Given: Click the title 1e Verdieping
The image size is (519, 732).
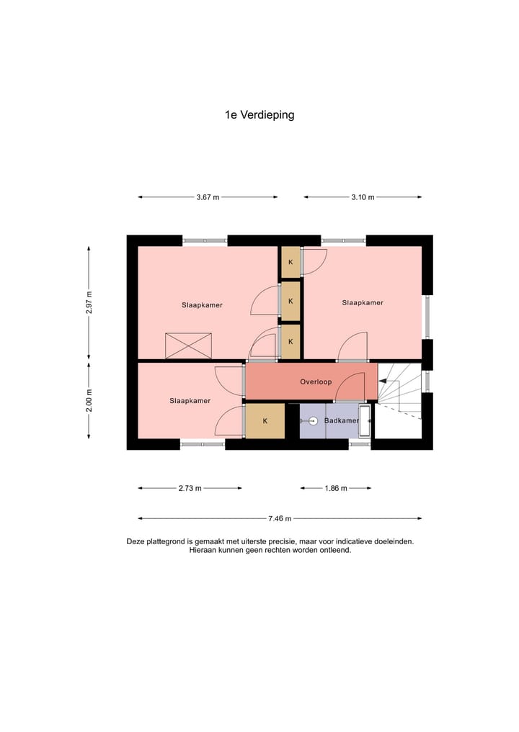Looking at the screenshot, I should (x=259, y=114).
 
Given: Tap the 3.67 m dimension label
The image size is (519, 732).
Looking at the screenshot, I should (x=208, y=197).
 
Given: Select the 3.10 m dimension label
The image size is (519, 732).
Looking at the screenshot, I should (x=363, y=197).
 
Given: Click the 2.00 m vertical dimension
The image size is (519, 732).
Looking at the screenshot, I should (x=89, y=400).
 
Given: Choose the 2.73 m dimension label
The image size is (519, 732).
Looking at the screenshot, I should (x=190, y=488).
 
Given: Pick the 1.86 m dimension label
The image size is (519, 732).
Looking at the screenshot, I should (x=335, y=488).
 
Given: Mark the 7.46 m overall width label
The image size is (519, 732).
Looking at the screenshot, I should (x=280, y=518).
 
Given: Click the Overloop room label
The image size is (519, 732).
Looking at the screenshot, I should (x=316, y=381).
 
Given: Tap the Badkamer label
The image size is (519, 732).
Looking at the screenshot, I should (x=341, y=420).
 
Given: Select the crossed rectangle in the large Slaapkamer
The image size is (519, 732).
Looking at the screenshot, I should (x=188, y=345).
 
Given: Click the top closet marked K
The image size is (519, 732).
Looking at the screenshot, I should (x=290, y=262).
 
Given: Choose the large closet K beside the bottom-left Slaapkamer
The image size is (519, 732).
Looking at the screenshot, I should (x=265, y=421).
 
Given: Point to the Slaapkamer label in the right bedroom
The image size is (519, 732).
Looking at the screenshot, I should (x=362, y=303).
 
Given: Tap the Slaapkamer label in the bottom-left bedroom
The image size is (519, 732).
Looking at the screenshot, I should (x=190, y=401).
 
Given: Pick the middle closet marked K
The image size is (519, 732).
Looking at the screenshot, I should (x=290, y=300).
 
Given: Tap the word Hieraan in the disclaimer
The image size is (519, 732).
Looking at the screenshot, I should (x=205, y=550).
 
